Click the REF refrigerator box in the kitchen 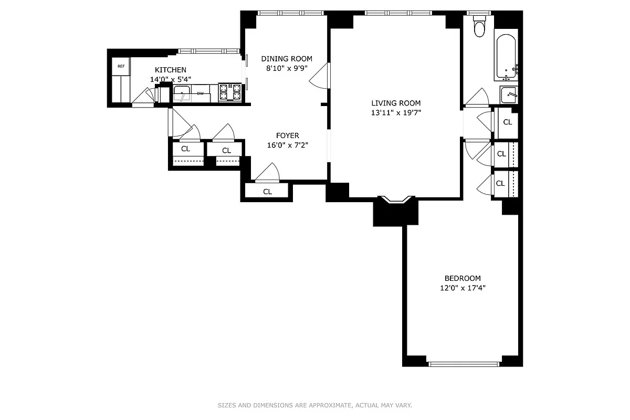click(x=121, y=66)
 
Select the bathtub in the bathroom click(x=506, y=57)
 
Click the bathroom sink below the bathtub click(x=508, y=95)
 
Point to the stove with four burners click(x=229, y=92)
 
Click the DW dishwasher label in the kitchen click(x=200, y=93)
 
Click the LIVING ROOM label click(x=396, y=103)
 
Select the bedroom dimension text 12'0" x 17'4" click(x=463, y=288)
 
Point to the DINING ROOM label click(x=287, y=59)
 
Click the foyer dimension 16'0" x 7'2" click(x=287, y=145)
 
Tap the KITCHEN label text click(x=170, y=70)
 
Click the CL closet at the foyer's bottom click(x=267, y=192)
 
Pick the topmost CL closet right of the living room click(x=507, y=122)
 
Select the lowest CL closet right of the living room click(x=500, y=183)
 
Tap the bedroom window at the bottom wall click(x=464, y=363)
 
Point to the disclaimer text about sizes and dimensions click(x=315, y=405)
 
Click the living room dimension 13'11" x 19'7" click(x=396, y=112)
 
